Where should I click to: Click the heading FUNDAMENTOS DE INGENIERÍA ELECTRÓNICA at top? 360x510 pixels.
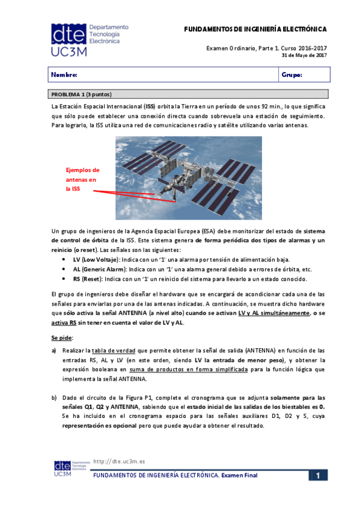[x=255, y=29]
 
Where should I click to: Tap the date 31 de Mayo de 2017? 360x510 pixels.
[x=304, y=55]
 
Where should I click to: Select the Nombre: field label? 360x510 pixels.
[x=64, y=75]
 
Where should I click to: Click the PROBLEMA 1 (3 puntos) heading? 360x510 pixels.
[x=81, y=95]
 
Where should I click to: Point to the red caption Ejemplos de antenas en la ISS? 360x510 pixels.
[x=82, y=179]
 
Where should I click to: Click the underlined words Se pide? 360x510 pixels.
[x=61, y=337]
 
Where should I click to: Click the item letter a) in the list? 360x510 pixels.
[x=54, y=350]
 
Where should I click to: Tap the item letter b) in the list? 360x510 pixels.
[x=54, y=398]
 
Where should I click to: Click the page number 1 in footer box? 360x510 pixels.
[x=318, y=475]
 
